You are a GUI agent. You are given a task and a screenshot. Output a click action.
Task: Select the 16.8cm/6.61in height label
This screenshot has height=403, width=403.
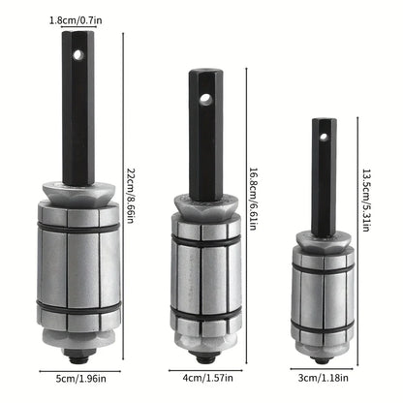tap(254, 204)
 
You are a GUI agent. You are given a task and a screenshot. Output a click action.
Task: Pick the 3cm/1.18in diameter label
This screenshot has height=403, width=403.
tap(325, 378)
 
